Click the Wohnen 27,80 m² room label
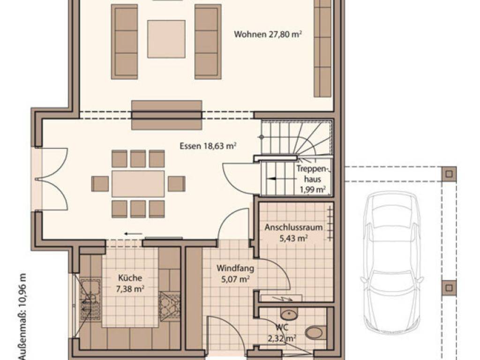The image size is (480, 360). click(x=268, y=34)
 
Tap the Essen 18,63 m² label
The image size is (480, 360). click(x=208, y=146)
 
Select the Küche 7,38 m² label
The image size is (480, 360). click(x=130, y=283)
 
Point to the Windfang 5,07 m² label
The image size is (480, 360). click(x=235, y=274)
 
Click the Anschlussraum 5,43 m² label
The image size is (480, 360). click(x=293, y=232)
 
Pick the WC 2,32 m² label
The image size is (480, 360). click(x=282, y=333)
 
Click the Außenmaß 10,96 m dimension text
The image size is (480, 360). click(x=23, y=316)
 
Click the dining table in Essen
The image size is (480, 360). click(x=138, y=184)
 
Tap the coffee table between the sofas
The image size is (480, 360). click(x=166, y=39)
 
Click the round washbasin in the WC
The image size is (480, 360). click(x=289, y=315)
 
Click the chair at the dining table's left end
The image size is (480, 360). click(x=100, y=184)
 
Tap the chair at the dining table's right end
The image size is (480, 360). click(x=177, y=184)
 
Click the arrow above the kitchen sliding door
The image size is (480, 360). click(x=134, y=234)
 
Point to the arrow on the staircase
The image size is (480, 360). click(x=275, y=179)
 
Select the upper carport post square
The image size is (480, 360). click(x=449, y=174)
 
